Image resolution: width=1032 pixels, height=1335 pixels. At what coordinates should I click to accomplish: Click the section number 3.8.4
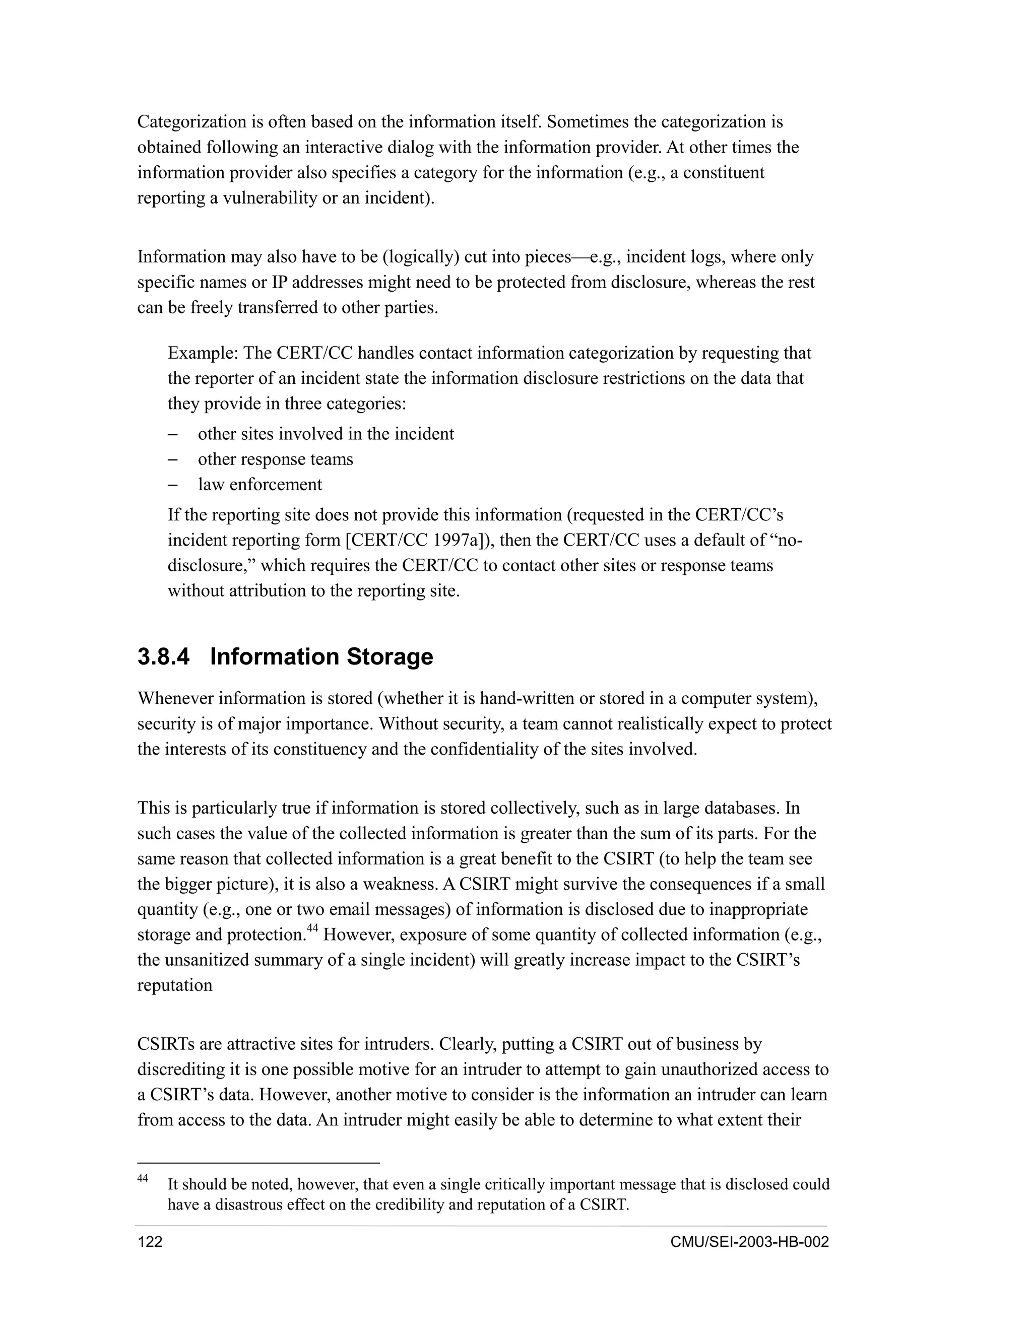[163, 657]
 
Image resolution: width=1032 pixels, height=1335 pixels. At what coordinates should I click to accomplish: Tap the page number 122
[150, 1242]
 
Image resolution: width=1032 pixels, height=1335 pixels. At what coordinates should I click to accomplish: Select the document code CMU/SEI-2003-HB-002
[749, 1242]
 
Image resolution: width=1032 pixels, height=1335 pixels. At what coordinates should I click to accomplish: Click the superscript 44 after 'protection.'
[312, 928]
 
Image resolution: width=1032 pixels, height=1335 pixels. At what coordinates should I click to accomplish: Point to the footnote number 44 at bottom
[143, 1178]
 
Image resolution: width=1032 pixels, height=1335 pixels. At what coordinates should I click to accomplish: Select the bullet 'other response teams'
[275, 459]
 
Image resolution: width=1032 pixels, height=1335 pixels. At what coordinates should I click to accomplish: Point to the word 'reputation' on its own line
[175, 985]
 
